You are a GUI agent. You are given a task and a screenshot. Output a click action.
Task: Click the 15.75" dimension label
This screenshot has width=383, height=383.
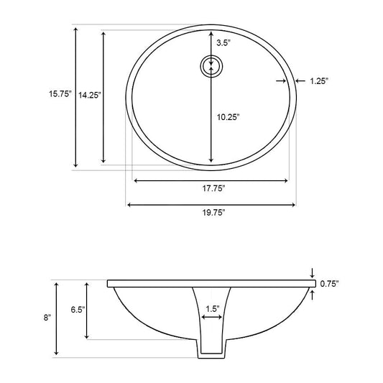[60, 94]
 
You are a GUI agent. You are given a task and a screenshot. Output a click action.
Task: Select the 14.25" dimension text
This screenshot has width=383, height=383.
[89, 96]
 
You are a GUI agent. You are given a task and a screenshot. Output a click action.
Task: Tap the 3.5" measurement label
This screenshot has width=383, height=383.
[223, 43]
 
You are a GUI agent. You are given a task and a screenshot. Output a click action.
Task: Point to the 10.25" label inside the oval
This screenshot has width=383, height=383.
[228, 117]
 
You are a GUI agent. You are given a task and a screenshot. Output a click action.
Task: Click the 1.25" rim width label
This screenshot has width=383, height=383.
[319, 81]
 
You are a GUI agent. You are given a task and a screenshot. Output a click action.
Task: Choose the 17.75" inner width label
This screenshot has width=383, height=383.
[213, 188]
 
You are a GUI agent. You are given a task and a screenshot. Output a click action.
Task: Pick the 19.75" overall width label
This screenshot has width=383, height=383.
[213, 213]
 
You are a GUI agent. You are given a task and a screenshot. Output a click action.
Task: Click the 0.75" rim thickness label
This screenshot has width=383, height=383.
[330, 284]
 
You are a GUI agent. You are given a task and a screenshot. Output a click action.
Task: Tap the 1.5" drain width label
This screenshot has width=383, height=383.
[213, 309]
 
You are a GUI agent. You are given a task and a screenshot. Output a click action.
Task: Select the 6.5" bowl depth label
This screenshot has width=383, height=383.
[78, 310]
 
